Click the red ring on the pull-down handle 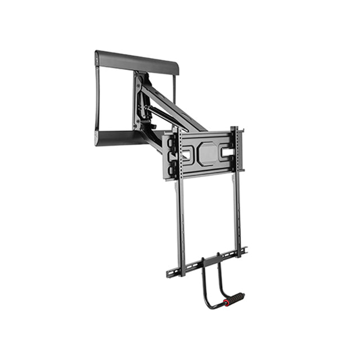point(227,303)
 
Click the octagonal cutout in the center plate point(208,154)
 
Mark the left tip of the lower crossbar point(168,276)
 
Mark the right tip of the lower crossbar point(245,249)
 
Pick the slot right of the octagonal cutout point(226,151)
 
